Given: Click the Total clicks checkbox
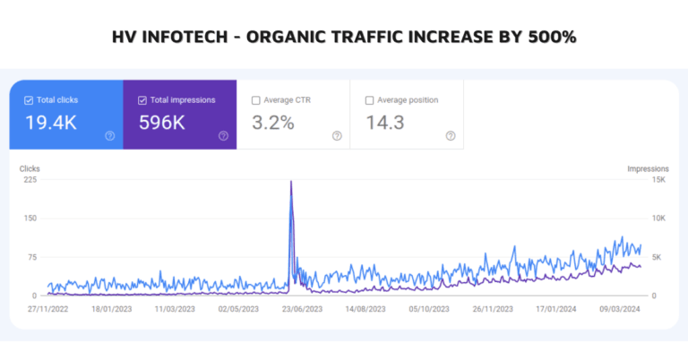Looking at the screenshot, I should point(29,100).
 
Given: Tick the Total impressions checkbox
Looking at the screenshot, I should point(142,100).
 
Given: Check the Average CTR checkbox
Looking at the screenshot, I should point(256,100).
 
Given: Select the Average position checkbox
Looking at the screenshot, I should point(370,100).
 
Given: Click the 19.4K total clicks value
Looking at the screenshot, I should point(50,123).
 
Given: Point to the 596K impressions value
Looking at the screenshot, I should point(162,123).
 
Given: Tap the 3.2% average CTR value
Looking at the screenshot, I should point(272,123).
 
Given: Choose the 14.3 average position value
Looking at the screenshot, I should point(386,123).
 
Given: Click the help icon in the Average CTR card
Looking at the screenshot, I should point(337,136).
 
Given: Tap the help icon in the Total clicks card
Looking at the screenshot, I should point(109,136).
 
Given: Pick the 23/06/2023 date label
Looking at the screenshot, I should point(289,309).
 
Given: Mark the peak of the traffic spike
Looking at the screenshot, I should point(291,183).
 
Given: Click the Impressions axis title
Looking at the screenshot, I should point(648,168).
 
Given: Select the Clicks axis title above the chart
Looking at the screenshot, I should point(30,168).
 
